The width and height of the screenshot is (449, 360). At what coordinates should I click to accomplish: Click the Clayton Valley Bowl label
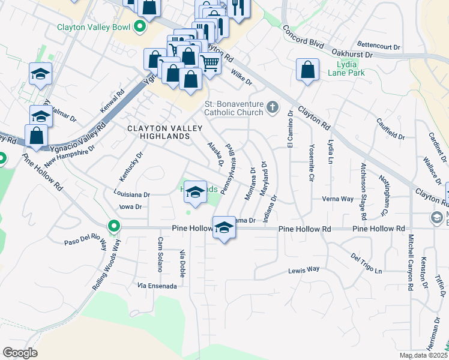tap(94, 27)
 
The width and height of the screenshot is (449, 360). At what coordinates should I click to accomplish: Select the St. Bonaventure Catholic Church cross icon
tap(272, 107)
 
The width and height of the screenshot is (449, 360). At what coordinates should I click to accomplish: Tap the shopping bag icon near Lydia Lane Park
tap(307, 70)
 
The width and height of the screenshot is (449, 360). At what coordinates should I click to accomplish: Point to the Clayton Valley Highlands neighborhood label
tap(158, 133)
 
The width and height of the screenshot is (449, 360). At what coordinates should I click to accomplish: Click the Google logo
tap(20, 352)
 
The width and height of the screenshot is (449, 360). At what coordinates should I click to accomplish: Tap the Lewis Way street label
tap(304, 270)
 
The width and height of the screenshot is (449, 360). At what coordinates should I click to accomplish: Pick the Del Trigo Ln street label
tap(366, 264)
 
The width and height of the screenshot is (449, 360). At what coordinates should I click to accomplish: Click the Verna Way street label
tap(337, 199)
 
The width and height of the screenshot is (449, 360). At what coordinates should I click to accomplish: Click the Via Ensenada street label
tap(157, 286)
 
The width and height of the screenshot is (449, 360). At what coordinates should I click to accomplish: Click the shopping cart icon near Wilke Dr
tap(209, 62)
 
